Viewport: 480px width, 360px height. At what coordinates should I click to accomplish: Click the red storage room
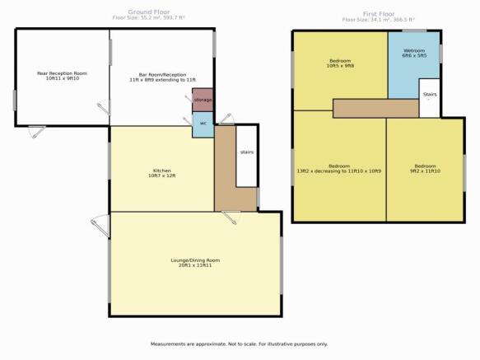click(x=203, y=100)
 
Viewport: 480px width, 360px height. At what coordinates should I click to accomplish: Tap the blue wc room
click(x=203, y=124)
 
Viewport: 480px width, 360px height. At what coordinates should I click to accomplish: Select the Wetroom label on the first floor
click(x=414, y=50)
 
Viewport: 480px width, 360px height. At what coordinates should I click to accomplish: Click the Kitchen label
click(x=162, y=171)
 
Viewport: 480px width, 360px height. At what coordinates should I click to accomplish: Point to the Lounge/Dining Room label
click(x=195, y=260)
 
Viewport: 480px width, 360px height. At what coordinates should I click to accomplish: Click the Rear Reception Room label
click(x=62, y=73)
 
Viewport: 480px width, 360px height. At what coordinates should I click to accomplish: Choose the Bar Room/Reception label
click(x=162, y=75)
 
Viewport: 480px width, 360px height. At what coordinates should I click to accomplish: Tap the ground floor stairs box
click(x=246, y=156)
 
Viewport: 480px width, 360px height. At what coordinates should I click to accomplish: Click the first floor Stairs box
click(x=430, y=98)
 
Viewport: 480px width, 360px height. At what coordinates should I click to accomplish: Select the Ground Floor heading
click(x=149, y=12)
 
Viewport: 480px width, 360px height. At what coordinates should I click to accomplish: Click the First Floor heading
click(x=379, y=14)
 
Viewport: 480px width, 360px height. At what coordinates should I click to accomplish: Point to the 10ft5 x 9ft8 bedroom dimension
click(x=340, y=66)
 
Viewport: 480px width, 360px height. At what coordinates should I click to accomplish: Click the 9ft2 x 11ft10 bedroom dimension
click(x=425, y=171)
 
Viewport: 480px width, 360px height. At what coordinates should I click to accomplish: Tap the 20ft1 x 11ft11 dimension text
click(x=195, y=265)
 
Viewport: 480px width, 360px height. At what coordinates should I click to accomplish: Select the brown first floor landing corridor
click(x=376, y=108)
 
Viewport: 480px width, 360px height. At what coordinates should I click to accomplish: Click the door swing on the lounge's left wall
click(x=100, y=226)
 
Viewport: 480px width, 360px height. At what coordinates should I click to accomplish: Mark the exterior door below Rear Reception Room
click(x=37, y=132)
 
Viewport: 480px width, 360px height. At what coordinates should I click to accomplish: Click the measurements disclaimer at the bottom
click(x=239, y=344)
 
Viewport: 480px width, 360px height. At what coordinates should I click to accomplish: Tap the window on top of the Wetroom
click(x=414, y=30)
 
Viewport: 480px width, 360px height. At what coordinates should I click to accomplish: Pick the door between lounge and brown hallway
click(x=231, y=217)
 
